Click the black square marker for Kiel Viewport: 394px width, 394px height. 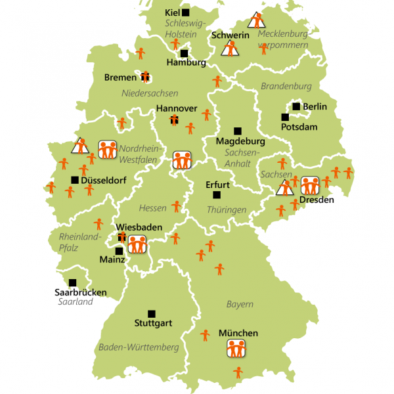pos(186,12)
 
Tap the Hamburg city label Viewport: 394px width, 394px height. pos(186,63)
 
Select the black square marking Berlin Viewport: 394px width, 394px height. pos(296,106)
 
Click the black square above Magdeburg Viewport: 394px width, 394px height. pos(237,131)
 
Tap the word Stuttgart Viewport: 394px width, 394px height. pos(153,323)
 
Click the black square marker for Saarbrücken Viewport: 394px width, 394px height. pos(73,282)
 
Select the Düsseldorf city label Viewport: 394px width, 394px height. pos(100,180)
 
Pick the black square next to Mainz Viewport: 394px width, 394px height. pos(119,250)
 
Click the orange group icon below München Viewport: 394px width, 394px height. pos(236,348)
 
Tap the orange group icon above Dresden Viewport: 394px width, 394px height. pos(309,185)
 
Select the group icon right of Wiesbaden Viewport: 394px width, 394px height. pos(137,244)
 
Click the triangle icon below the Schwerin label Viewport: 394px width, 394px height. pos(230,48)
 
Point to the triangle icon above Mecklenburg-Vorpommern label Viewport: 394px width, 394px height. pos(257,19)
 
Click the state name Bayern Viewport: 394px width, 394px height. pos(240,304)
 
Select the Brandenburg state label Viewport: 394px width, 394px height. pos(286,86)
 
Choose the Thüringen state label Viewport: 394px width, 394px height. pos(226,210)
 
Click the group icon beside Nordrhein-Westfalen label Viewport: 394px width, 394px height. pos(108,149)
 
